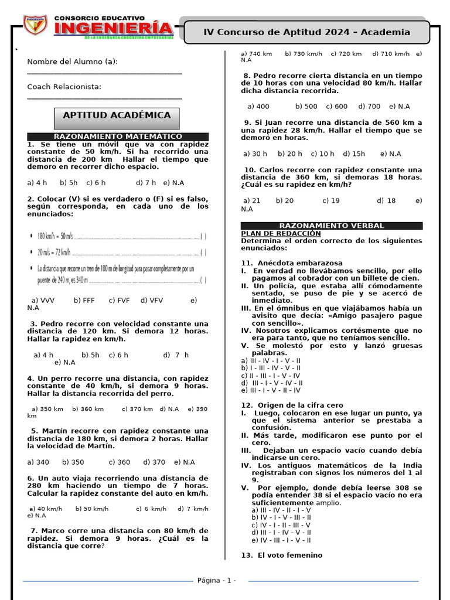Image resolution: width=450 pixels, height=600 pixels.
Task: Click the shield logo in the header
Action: (35, 25)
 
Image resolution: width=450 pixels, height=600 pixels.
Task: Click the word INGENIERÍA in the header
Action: (114, 28)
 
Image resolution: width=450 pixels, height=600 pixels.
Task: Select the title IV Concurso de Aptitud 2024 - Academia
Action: (306, 32)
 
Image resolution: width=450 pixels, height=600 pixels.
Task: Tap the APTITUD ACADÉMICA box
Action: (117, 115)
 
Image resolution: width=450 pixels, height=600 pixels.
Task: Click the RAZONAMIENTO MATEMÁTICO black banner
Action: (118, 137)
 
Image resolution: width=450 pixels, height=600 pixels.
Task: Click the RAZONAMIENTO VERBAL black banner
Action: (332, 226)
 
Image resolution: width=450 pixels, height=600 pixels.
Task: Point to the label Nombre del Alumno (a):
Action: (73, 62)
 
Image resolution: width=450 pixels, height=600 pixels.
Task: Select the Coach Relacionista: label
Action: (64, 87)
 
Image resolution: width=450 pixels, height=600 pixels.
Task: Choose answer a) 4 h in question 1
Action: (37, 182)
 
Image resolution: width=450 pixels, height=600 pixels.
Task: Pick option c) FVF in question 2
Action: (119, 301)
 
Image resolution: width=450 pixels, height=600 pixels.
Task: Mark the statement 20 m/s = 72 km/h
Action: (54, 253)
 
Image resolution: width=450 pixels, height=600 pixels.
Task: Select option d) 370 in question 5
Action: (155, 462)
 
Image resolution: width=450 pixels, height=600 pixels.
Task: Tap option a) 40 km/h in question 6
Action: (46, 509)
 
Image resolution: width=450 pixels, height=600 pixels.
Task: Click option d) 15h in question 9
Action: (354, 154)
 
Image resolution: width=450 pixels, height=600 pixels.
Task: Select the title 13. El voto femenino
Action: (282, 555)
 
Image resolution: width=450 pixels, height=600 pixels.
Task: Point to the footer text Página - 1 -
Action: (217, 580)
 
